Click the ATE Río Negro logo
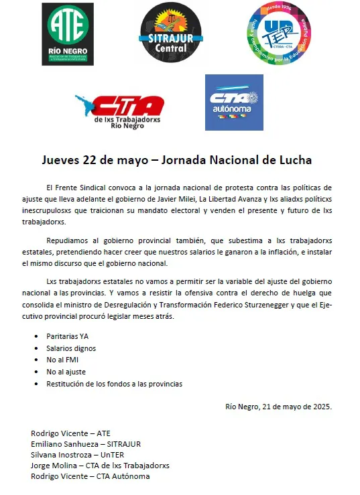point(68,34)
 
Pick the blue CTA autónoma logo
point(233,102)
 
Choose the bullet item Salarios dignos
point(71,348)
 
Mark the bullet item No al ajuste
point(66,372)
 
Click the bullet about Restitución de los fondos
point(114,384)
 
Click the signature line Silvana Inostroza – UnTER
point(82,454)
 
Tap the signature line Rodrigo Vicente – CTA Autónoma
point(90,476)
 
